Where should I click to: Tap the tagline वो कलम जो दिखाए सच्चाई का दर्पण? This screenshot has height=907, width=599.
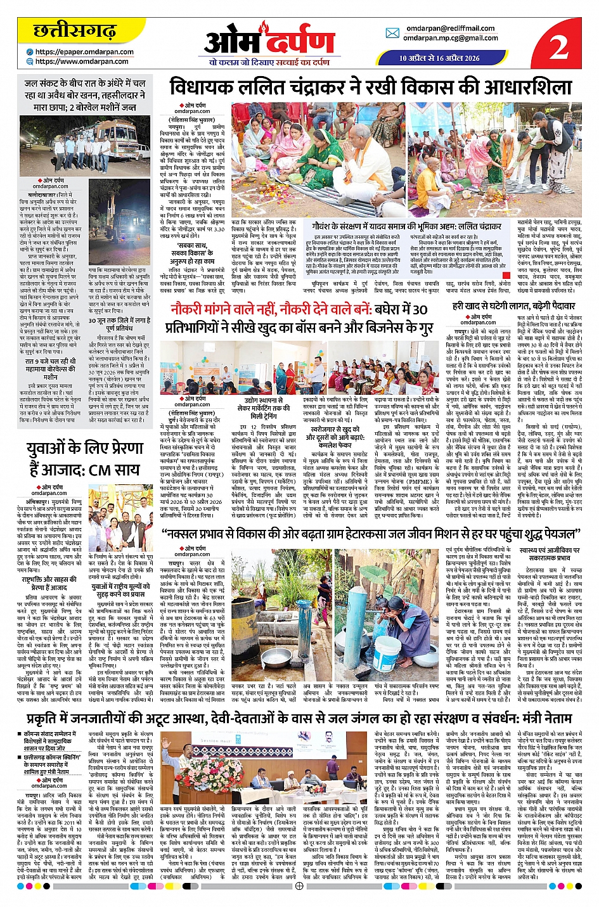pyautogui.click(x=269, y=62)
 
